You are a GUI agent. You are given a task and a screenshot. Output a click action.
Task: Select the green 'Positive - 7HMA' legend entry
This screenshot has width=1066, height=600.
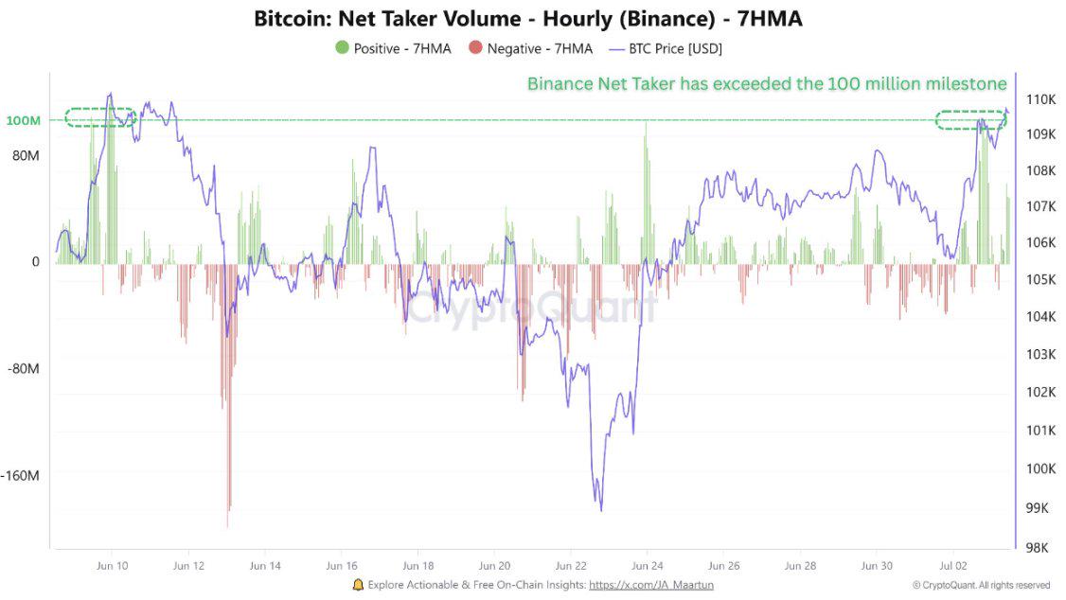[x=393, y=48]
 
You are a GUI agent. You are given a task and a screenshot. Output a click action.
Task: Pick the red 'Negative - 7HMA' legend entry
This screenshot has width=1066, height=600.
[x=530, y=48]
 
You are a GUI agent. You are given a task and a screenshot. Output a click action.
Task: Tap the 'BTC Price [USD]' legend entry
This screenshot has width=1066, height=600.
[x=666, y=48]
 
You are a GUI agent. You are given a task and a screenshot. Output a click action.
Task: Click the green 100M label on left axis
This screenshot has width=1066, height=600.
[x=24, y=121]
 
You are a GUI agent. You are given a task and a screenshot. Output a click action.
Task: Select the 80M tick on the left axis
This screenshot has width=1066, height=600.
[x=26, y=155]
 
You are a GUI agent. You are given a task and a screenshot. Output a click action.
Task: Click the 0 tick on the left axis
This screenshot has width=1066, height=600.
[x=36, y=262]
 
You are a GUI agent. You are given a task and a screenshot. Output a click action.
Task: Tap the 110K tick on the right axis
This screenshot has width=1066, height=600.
[x=1040, y=99]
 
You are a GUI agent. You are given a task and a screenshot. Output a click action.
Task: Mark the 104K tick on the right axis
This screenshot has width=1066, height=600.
[x=1040, y=316]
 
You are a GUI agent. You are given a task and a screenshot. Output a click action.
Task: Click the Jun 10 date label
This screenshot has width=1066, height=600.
[x=112, y=566]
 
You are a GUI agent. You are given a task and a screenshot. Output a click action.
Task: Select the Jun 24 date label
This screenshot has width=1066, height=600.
[x=647, y=566]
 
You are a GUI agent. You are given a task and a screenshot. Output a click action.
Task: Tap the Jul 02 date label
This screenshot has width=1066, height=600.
[x=953, y=566]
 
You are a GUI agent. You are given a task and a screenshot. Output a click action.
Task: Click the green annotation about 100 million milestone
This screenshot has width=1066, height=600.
[x=767, y=84]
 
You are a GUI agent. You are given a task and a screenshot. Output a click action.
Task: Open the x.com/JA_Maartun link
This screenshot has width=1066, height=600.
[x=651, y=585]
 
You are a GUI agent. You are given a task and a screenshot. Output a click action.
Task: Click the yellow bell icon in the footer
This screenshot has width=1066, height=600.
[x=358, y=585]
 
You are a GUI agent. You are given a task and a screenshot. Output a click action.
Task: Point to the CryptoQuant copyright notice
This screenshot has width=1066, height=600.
[x=981, y=585]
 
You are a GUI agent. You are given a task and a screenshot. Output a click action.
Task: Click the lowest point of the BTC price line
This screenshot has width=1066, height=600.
[x=600, y=510]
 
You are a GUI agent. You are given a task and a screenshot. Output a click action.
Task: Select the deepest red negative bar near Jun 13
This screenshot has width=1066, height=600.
[x=228, y=525]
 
